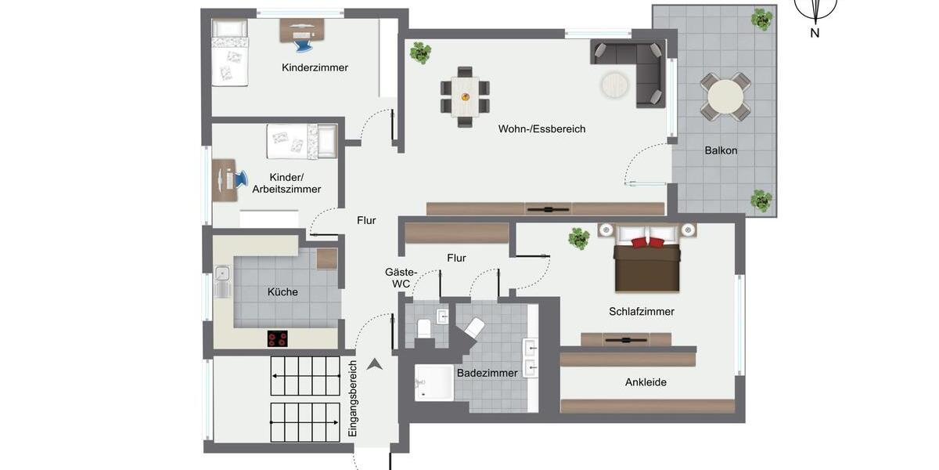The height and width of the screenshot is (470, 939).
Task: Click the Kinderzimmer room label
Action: [315, 68]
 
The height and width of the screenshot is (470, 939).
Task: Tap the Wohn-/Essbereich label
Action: [541, 129]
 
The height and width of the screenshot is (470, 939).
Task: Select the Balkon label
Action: [721, 150]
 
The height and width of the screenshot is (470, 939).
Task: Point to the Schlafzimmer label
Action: [642, 312]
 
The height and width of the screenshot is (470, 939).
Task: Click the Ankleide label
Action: [646, 382]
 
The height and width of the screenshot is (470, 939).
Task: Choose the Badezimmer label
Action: [487, 374]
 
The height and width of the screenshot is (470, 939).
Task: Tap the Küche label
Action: [282, 292]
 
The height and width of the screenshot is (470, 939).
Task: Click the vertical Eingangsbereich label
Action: [353, 399]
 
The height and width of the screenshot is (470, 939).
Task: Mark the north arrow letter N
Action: [815, 33]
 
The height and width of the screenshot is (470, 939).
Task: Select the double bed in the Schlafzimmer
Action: [647, 259]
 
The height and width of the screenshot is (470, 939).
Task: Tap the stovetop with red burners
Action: [277, 338]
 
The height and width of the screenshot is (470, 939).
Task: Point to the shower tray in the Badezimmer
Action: [434, 383]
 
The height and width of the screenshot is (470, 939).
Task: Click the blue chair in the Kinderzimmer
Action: [303, 44]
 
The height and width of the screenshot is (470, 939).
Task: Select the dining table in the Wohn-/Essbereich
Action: [466, 96]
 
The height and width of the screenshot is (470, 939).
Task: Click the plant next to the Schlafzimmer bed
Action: [578, 238]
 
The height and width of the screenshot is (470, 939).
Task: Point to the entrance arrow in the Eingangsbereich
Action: [375, 363]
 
